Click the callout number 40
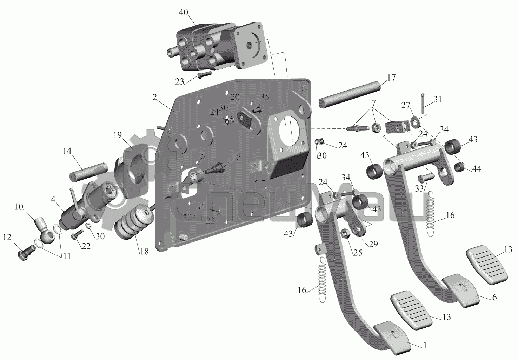(x=184, y=12)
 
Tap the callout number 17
(x=391, y=78)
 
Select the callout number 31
(x=437, y=99)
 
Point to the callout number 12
(x=7, y=237)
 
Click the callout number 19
(x=118, y=135)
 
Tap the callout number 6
(x=494, y=298)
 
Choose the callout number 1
(x=425, y=345)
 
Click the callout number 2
(x=155, y=98)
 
